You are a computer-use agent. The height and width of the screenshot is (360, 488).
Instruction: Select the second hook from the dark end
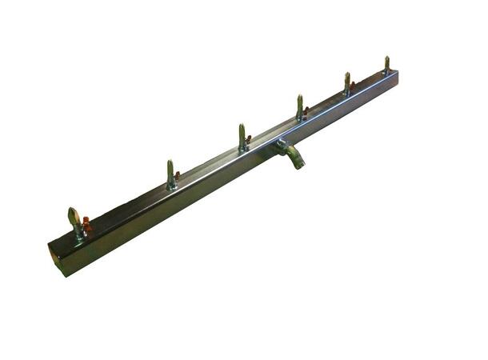coord(170,175)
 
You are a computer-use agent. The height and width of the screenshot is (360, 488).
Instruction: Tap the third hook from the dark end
coord(242,138)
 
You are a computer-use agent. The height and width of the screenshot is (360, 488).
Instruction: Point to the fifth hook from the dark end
coord(346,84)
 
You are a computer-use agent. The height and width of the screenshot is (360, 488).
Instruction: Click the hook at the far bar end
coord(386,66)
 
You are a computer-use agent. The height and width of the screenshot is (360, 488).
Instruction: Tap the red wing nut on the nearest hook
coord(86,226)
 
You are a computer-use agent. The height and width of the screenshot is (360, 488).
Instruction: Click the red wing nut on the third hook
coord(248,140)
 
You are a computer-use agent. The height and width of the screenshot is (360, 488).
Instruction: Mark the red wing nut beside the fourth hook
coord(305,110)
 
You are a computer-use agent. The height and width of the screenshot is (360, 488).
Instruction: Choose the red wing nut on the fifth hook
coord(351,86)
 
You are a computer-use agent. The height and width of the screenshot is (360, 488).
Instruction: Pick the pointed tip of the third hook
coord(241,126)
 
